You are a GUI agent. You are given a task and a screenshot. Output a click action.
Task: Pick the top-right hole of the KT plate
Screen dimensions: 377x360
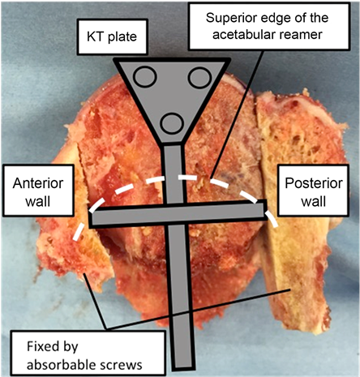tap(199, 77)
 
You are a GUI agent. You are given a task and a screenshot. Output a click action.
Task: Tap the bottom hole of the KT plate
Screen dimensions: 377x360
tap(171, 122)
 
